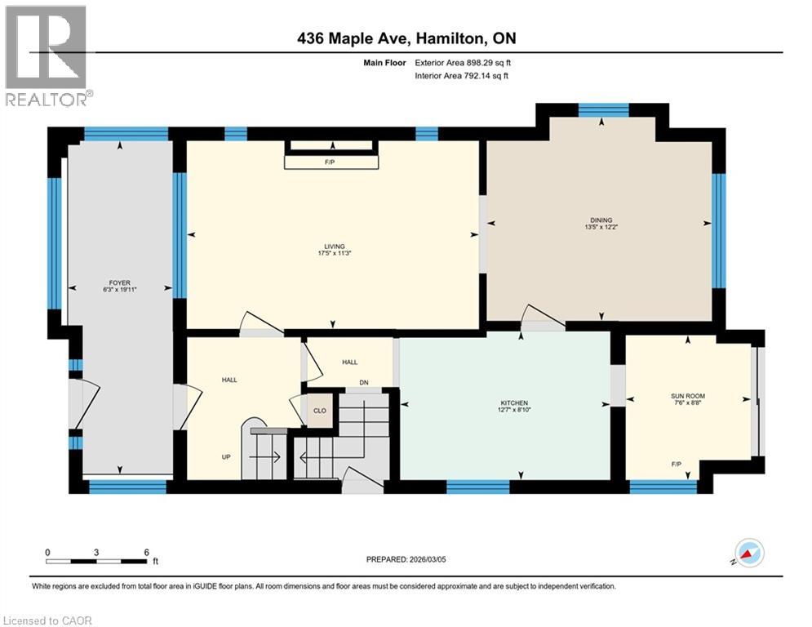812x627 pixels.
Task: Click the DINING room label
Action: pos(601,219)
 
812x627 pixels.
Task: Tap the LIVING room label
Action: pos(333,246)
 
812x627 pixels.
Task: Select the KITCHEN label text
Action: pos(514,403)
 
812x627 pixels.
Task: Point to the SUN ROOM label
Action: pos(687,395)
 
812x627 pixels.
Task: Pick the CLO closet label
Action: pos(320,411)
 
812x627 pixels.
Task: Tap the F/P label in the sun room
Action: pos(677,464)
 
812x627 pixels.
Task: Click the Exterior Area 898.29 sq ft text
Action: pos(463,62)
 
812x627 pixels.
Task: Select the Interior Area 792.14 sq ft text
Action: pos(462,76)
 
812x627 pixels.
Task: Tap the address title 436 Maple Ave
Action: pos(406,38)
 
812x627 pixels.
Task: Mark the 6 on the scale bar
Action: pos(146,552)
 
